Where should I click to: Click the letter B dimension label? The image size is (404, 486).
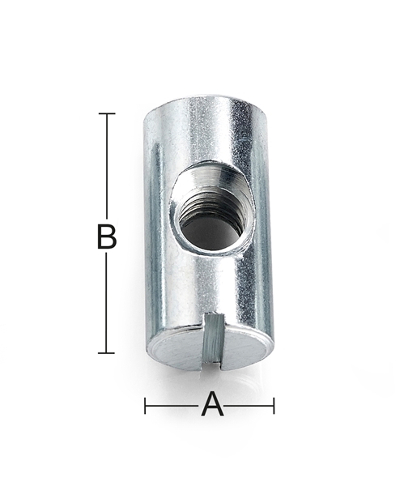(x=106, y=237)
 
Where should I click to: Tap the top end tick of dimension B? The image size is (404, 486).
(x=106, y=113)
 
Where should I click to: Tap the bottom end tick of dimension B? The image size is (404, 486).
(x=106, y=352)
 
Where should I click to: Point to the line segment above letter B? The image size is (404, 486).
(x=106, y=166)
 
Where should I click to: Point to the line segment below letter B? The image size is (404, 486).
(x=106, y=304)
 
